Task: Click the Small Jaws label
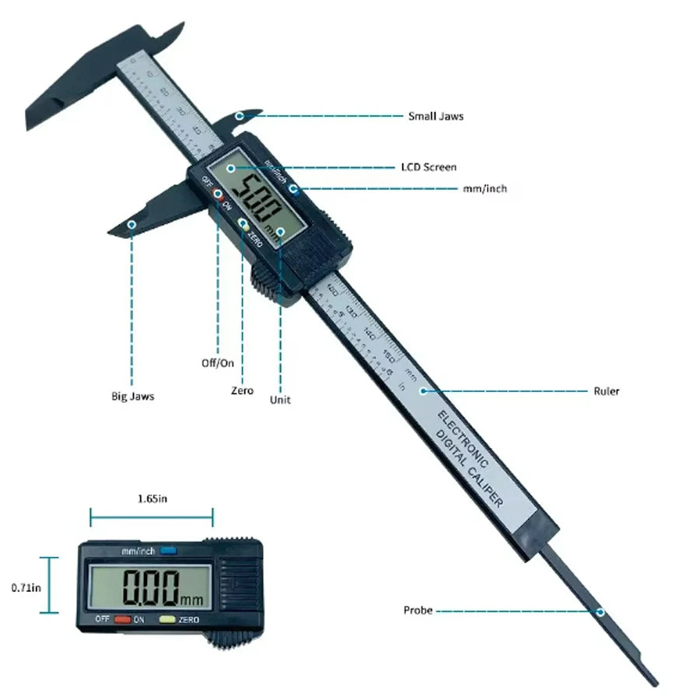(436, 117)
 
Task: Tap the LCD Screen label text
(429, 167)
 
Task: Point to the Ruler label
(607, 391)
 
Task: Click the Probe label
(418, 611)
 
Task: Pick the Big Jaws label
(132, 396)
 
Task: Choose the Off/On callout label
(217, 363)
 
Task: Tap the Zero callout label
(242, 390)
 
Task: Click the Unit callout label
(280, 400)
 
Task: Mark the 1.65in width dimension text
(152, 499)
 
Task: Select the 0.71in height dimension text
(26, 588)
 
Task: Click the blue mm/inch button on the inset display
(169, 551)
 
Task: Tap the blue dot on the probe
(600, 611)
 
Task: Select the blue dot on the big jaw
(131, 224)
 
